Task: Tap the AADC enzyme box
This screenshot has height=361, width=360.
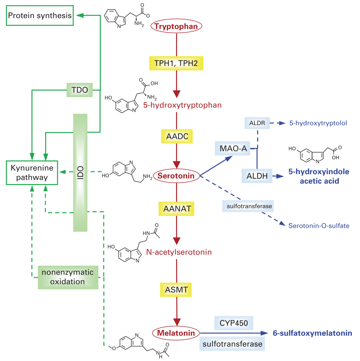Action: coord(177,136)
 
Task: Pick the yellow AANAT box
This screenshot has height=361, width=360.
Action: coord(177,208)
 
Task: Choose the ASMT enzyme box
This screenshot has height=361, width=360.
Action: coord(177,290)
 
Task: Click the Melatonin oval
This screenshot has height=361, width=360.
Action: coord(176,333)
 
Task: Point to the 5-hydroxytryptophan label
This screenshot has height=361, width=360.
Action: coord(182,105)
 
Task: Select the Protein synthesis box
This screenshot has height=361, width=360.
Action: coord(40,16)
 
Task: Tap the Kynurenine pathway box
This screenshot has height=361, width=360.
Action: coord(32,173)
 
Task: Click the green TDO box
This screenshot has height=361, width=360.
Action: coord(80,90)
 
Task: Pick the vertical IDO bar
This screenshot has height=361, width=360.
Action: coord(80,173)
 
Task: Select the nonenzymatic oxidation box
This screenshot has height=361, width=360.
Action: coord(68,277)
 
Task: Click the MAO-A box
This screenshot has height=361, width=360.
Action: coord(233,149)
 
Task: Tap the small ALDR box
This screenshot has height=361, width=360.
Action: coord(257,123)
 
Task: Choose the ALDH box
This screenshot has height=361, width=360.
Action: coord(257,176)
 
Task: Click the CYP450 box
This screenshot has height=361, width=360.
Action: coord(234,323)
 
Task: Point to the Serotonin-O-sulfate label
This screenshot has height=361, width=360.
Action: coord(319,226)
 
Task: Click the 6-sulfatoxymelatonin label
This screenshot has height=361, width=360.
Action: coord(312,333)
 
